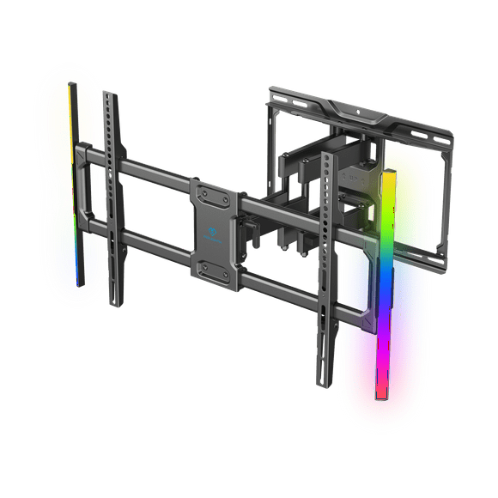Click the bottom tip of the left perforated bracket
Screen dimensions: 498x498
click(x=114, y=302)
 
